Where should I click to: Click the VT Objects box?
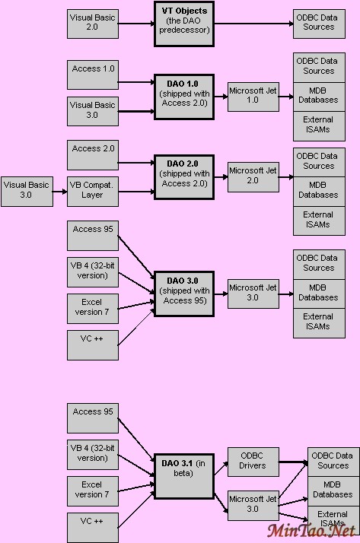184,21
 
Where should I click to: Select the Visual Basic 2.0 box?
92,21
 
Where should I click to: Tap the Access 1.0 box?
92,69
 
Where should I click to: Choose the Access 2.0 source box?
92,149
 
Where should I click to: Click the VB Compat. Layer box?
92,190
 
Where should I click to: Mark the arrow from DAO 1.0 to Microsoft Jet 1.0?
221,94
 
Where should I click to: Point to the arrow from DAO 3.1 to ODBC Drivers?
221,465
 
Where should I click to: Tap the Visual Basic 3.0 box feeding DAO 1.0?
92,110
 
